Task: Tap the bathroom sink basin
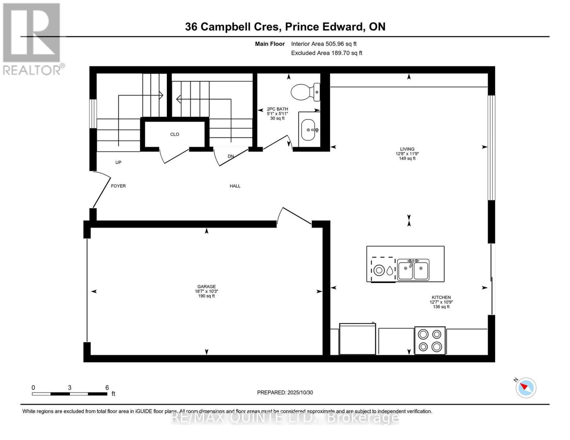308,130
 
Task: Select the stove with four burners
430,341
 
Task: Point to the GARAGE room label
207,287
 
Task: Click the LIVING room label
407,149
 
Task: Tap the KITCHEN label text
441,297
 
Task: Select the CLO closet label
175,135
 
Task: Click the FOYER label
118,186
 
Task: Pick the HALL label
235,186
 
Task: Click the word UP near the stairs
118,162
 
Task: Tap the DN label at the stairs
231,156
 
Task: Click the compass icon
526,388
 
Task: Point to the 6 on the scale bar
107,388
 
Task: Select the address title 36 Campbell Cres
285,27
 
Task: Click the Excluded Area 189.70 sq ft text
326,53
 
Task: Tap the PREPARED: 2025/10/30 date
285,392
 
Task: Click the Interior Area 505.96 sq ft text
324,44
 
